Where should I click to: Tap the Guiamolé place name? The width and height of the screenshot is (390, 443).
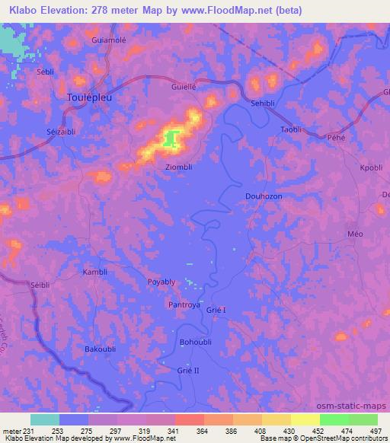coord(107,39)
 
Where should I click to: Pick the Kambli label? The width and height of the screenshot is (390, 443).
coord(96,272)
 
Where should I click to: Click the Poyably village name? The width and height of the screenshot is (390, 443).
coord(161,282)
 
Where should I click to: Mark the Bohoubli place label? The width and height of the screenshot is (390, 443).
coord(197,343)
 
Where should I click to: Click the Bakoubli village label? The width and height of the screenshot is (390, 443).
coord(100,349)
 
